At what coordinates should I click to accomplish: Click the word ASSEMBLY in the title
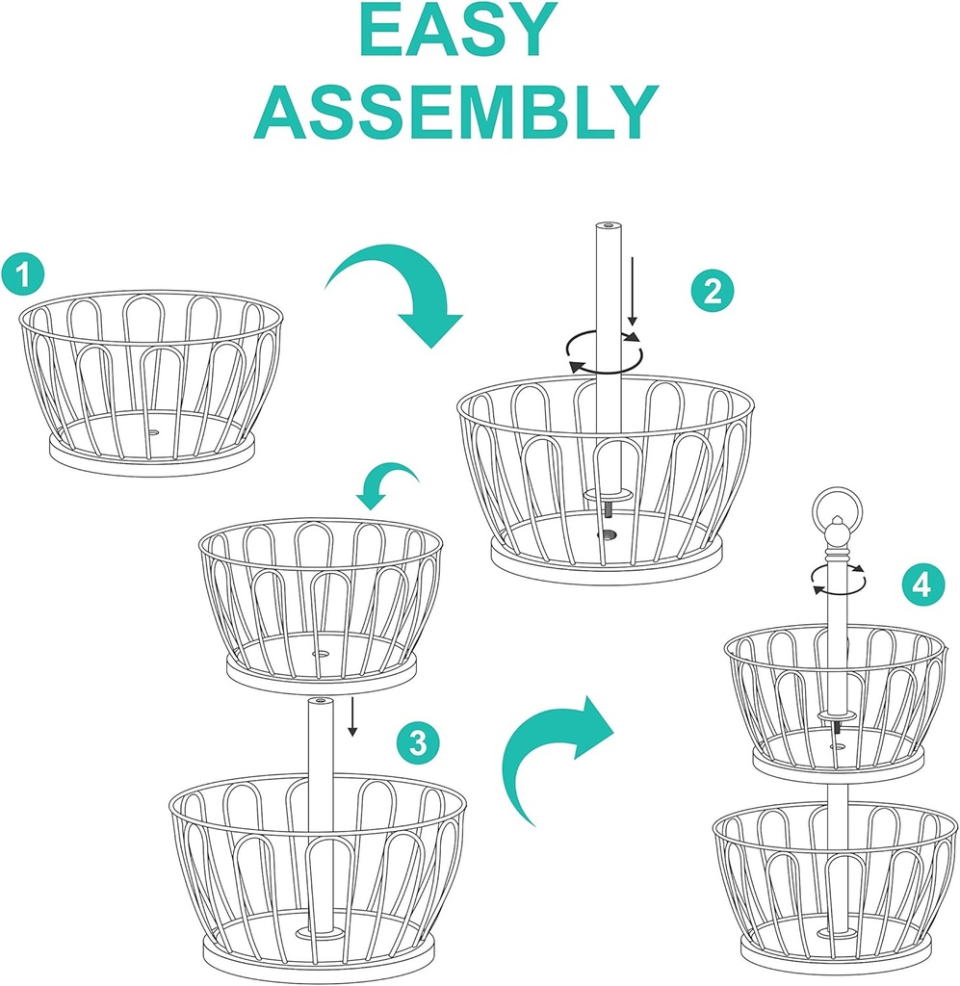pos(456,112)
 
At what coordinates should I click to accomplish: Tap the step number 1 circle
pos(23,274)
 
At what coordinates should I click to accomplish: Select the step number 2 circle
pos(713,291)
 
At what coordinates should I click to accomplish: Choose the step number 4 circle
pos(922,584)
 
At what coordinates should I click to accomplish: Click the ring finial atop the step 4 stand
pos(836,507)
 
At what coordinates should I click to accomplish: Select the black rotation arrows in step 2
pos(604,352)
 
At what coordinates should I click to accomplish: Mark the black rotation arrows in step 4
pos(838,579)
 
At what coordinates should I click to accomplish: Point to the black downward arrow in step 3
pos(352,715)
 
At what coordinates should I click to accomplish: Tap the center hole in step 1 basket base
pos(152,433)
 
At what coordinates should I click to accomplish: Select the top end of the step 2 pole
pos(608,225)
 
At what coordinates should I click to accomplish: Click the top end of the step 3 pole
pos(321,701)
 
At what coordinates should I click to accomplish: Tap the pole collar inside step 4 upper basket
pos(836,715)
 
